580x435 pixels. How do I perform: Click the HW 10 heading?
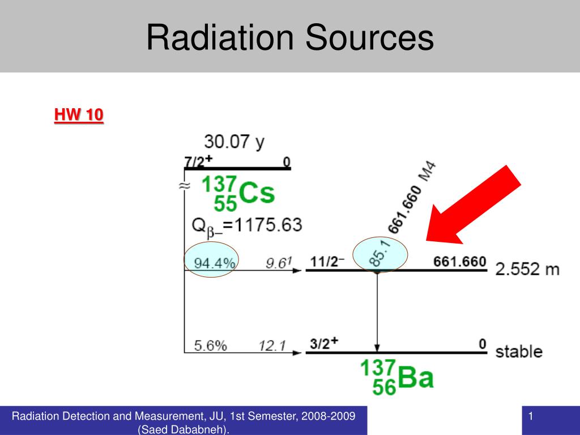click(x=79, y=115)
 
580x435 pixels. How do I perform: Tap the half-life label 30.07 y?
click(x=234, y=142)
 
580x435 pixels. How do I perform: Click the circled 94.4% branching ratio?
click(x=214, y=263)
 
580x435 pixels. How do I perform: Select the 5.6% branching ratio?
click(x=210, y=346)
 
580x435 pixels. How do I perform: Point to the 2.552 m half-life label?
click(x=527, y=269)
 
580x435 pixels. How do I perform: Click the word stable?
click(x=519, y=351)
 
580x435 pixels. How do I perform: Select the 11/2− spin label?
click(x=327, y=262)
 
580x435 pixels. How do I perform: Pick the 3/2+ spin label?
click(x=325, y=343)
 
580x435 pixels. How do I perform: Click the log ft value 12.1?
click(x=274, y=346)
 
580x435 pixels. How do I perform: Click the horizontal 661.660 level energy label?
click(x=459, y=262)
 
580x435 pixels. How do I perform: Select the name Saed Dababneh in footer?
click(x=184, y=430)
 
